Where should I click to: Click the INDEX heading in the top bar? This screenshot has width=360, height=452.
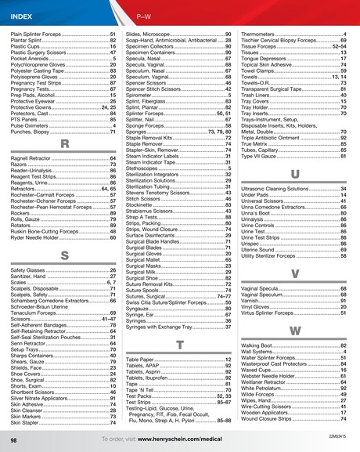22,16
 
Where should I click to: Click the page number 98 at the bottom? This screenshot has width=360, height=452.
14,441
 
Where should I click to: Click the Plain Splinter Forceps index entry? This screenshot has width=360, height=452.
39,35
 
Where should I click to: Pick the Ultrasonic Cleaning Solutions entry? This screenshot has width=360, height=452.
283,189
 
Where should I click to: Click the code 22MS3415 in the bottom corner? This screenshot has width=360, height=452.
339,434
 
